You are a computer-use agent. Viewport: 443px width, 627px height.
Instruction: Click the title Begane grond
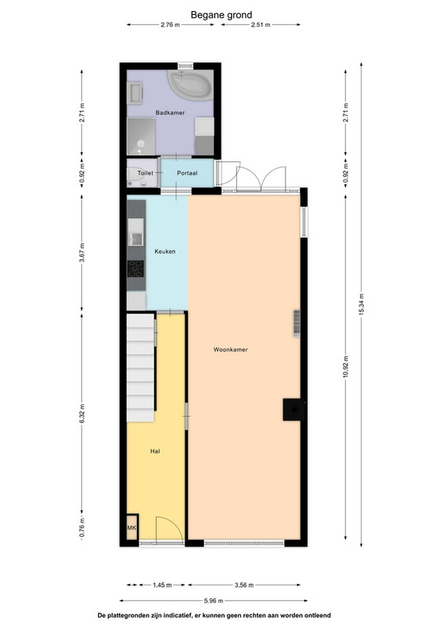[x=221, y=15]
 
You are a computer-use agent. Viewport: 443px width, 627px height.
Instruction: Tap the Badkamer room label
[x=170, y=113]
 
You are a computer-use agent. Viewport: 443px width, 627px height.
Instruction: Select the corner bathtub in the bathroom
[x=190, y=85]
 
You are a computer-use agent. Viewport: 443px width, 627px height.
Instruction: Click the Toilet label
[x=146, y=173]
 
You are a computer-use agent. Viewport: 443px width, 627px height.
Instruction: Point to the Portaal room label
[x=187, y=173]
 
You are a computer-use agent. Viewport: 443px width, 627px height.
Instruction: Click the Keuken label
[x=165, y=252]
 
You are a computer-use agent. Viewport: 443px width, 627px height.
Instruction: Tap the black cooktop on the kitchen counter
[x=136, y=269]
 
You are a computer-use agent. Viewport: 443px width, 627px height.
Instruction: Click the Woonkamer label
[x=230, y=350]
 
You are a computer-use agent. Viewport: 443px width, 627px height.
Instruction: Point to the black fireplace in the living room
[x=294, y=409]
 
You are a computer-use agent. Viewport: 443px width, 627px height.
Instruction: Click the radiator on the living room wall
[x=297, y=324]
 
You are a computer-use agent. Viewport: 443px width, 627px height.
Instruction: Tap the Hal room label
[x=155, y=451]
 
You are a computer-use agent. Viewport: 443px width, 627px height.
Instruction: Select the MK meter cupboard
[x=131, y=527]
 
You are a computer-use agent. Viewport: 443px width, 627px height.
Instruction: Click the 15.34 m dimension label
[x=362, y=305]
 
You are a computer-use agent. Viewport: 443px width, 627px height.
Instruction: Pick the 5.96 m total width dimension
[x=214, y=600]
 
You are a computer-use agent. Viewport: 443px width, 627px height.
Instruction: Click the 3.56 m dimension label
[x=244, y=585]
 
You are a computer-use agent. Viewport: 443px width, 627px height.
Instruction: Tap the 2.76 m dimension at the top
[x=170, y=25]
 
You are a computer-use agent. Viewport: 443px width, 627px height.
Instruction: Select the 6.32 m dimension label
[x=82, y=414]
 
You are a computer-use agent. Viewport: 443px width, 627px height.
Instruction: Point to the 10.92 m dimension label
[x=345, y=367]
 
